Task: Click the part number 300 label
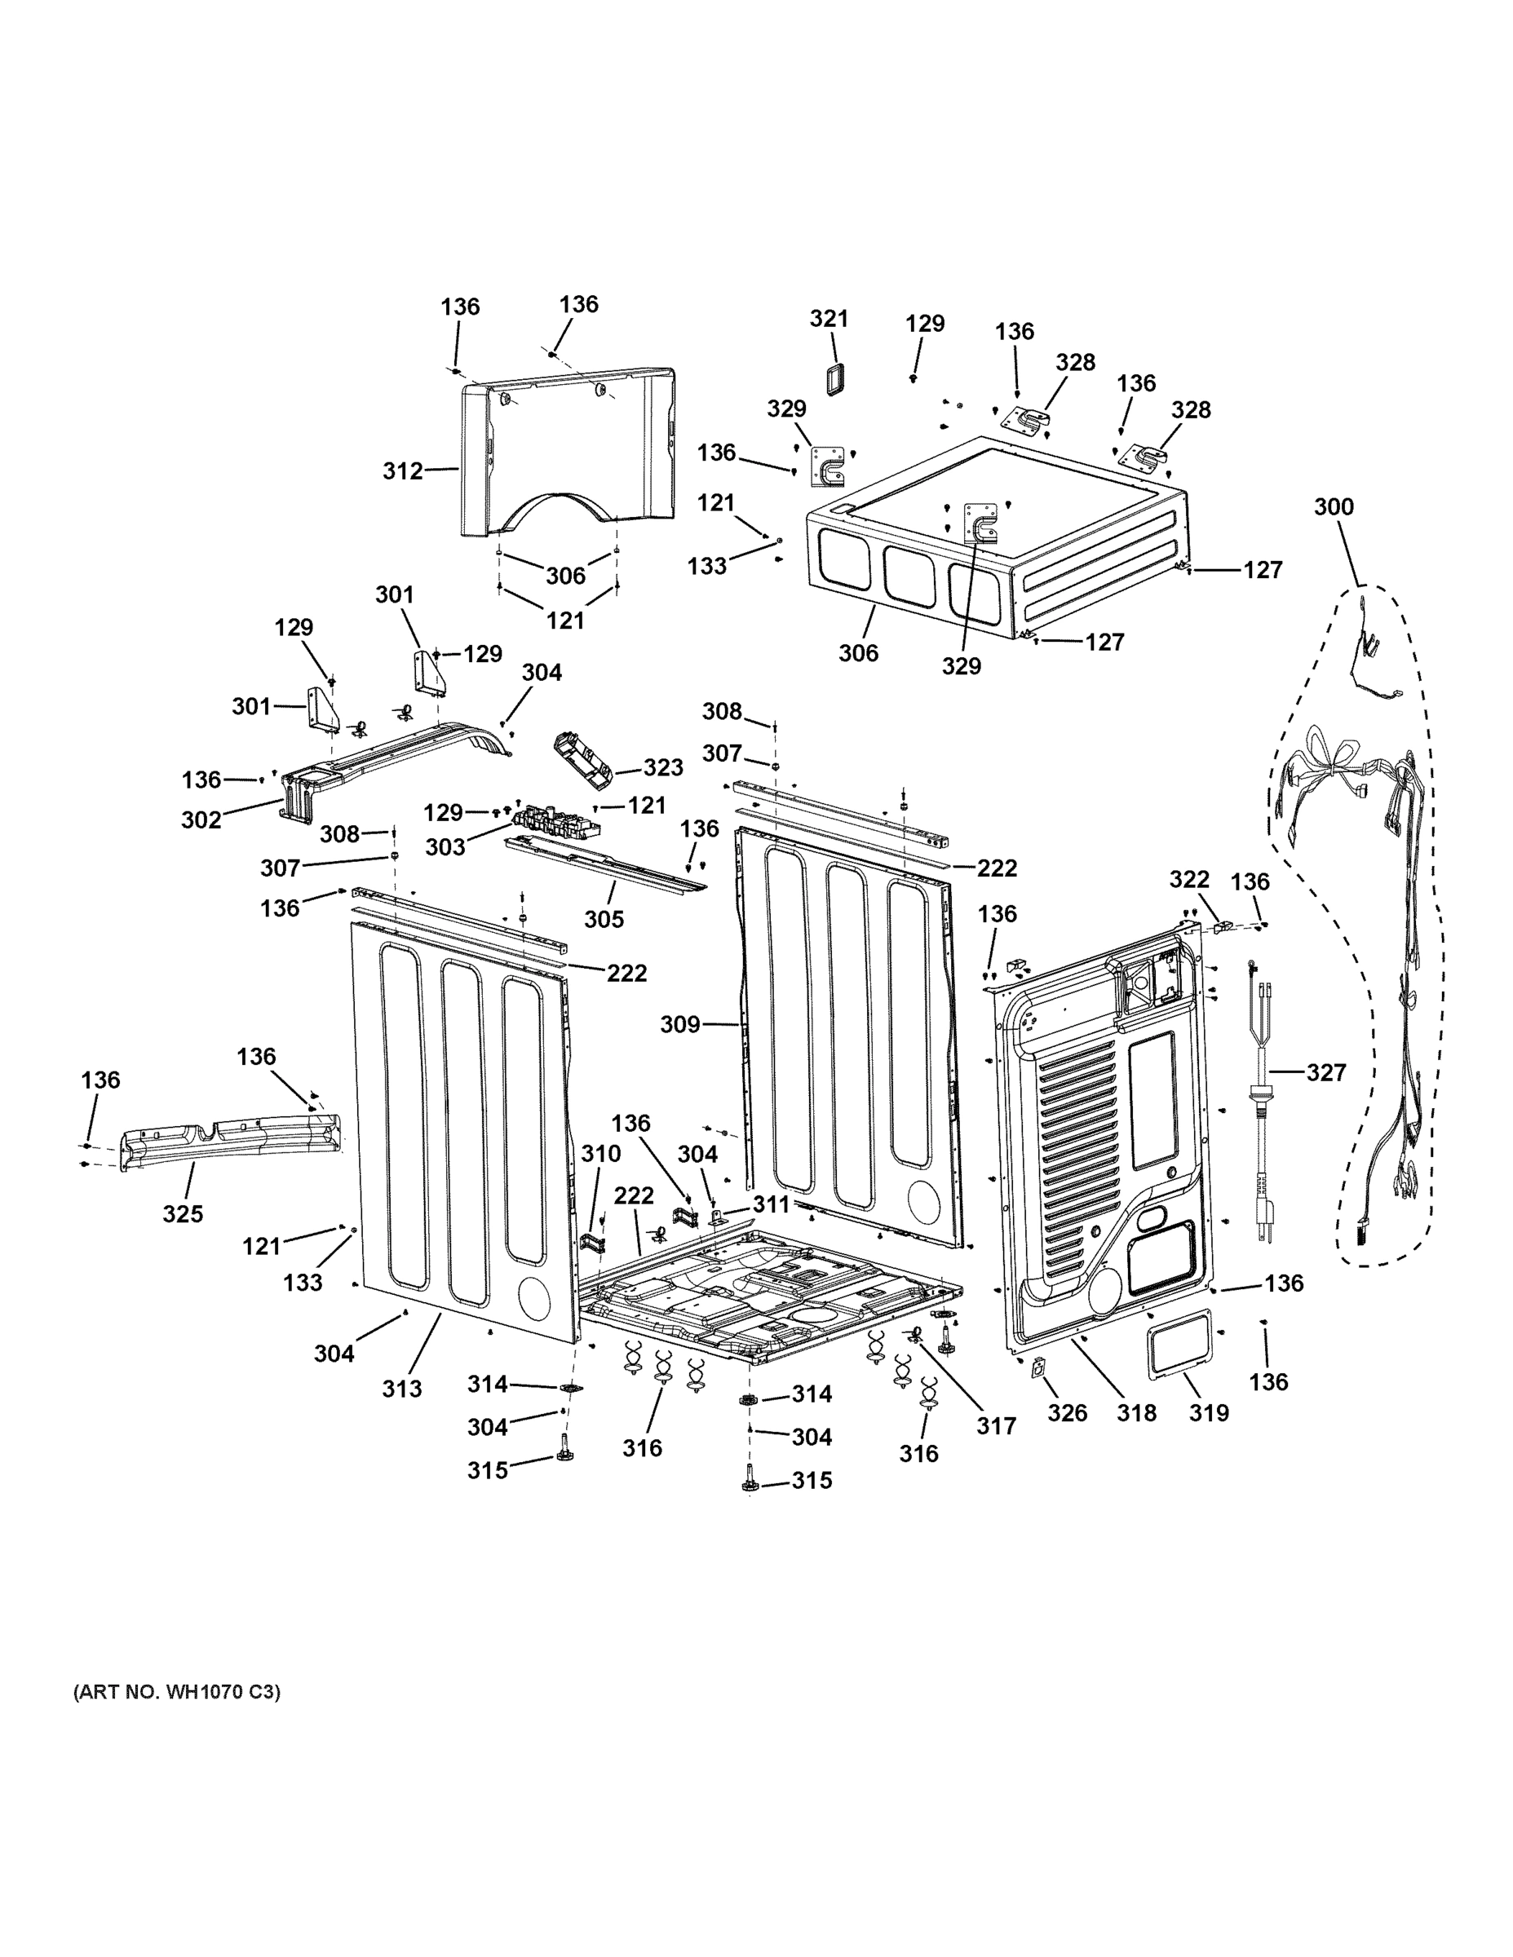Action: coord(1333,507)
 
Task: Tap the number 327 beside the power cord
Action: coord(1325,1071)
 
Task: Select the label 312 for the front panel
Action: coord(402,470)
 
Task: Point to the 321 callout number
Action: coord(829,318)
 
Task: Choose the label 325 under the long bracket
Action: coord(183,1213)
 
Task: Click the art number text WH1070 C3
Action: coord(176,1693)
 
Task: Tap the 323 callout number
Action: coord(663,768)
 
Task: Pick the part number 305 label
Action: coord(604,919)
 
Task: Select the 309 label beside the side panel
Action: coord(679,1023)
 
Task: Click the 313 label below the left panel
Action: coord(401,1388)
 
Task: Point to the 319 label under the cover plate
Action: coord(1208,1413)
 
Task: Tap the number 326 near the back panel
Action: coord(1068,1413)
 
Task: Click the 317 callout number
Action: coord(997,1425)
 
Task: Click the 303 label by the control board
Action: coord(445,846)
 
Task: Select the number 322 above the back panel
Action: coord(1188,880)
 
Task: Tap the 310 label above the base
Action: coord(600,1153)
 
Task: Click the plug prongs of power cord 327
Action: coord(1263,1233)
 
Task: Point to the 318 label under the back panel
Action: coord(1136,1413)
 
